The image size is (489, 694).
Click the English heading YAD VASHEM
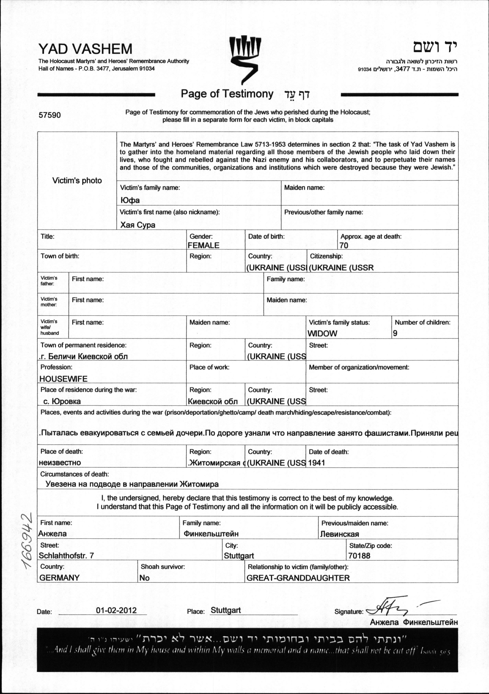click(x=85, y=49)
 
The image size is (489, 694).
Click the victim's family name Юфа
click(x=130, y=200)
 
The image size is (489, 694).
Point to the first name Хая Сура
click(x=138, y=225)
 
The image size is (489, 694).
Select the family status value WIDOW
click(x=322, y=333)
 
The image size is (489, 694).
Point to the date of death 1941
click(x=317, y=463)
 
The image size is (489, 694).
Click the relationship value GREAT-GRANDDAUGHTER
click(x=298, y=578)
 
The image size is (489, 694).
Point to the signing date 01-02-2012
click(x=116, y=610)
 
